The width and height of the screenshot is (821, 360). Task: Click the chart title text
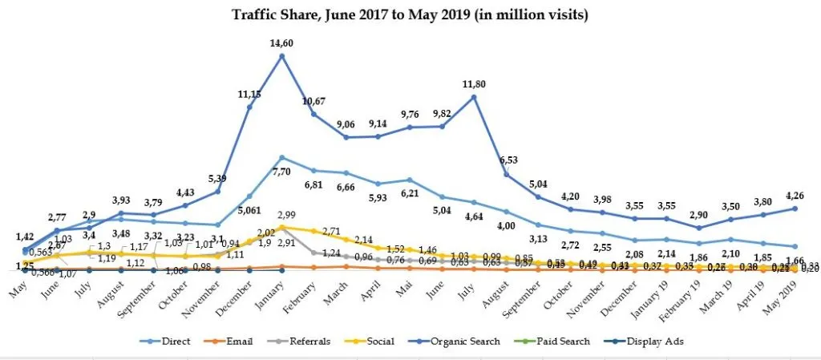(x=410, y=14)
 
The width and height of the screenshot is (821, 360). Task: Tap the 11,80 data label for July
(x=473, y=83)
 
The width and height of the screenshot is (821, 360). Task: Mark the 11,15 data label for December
(x=249, y=94)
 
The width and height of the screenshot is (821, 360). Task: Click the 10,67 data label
(x=313, y=100)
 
